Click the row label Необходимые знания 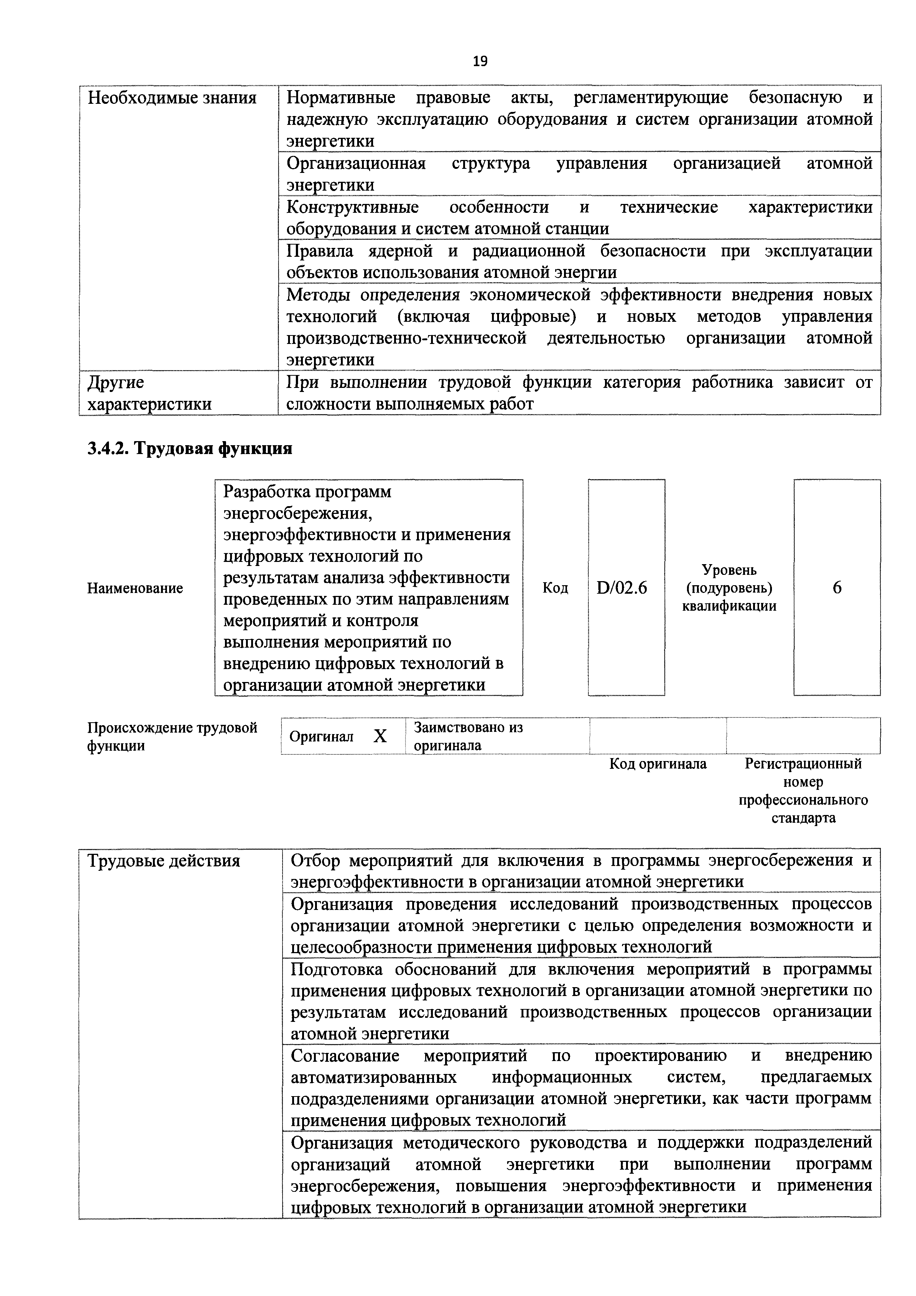172,98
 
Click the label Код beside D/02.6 556,588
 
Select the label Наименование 135,588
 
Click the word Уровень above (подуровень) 729,570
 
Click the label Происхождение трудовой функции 172,737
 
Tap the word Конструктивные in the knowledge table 353,208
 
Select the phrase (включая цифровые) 486,317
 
